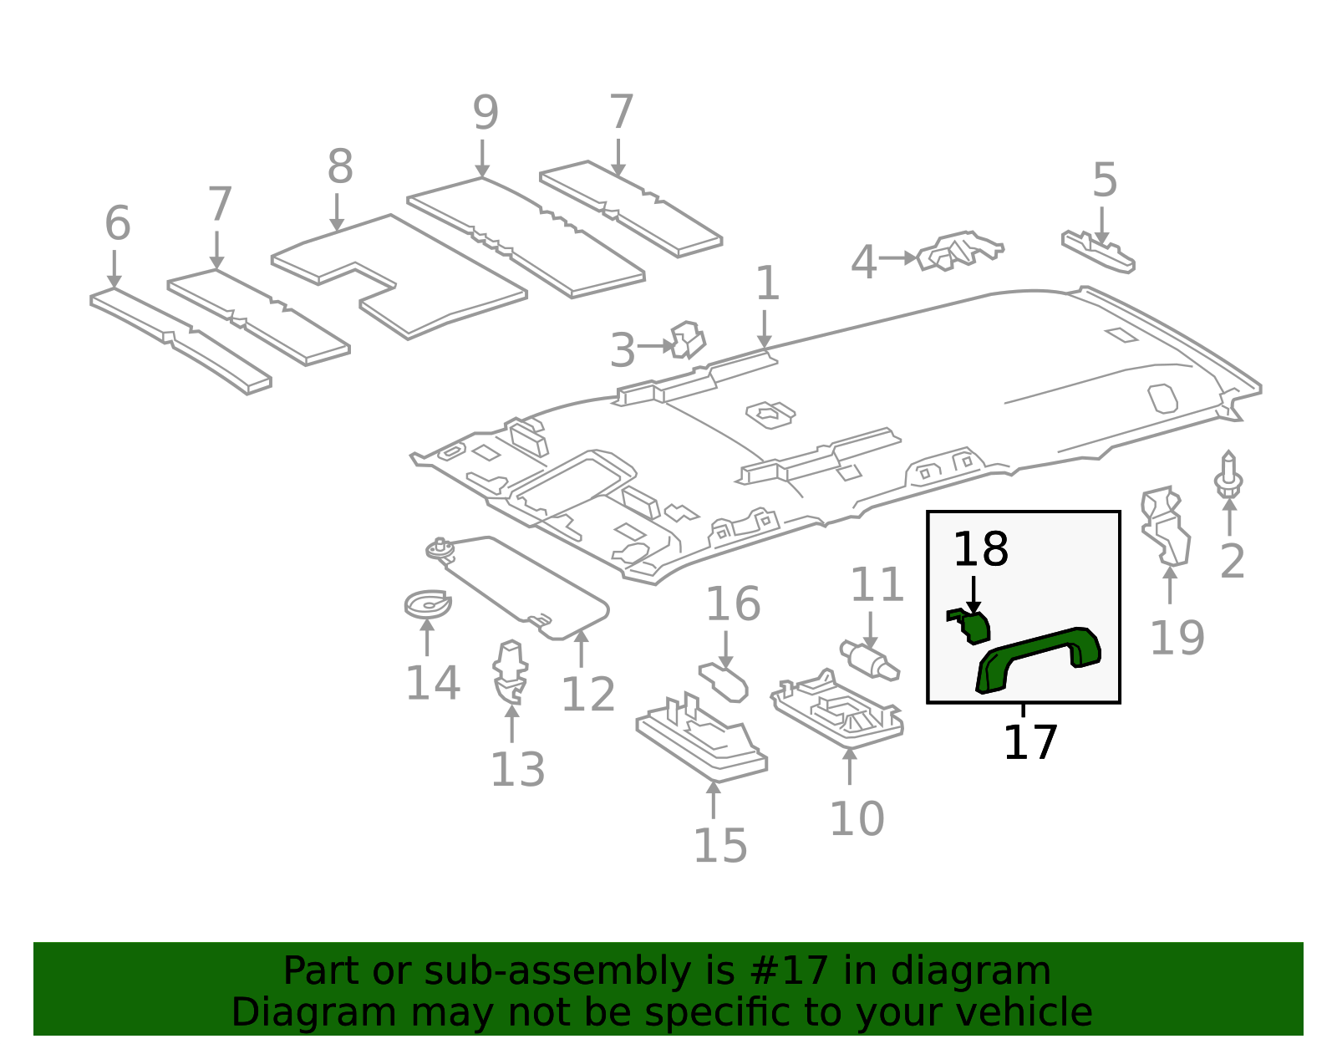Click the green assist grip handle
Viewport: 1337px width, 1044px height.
tap(1039, 657)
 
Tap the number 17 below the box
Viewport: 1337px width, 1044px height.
tap(1029, 742)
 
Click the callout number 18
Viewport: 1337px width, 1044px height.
tap(980, 550)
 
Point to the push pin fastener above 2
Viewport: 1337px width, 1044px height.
tap(1228, 476)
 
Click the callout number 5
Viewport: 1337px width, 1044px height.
tap(1105, 181)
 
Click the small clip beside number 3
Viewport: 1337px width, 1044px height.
tap(688, 340)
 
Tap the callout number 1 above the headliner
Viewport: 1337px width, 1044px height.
tap(767, 284)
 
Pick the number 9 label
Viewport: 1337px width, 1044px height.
tap(485, 113)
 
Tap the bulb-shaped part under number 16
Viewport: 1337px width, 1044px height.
tap(724, 681)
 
